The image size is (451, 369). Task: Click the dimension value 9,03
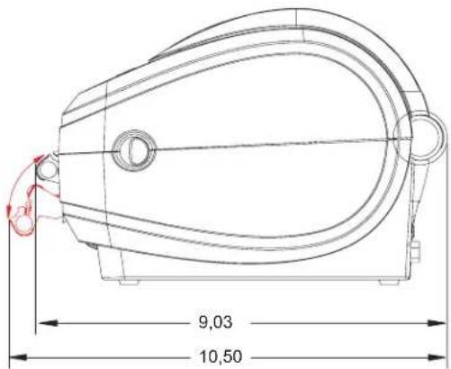click(215, 322)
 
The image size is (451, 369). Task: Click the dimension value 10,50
click(221, 356)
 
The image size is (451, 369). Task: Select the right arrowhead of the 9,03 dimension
click(436, 323)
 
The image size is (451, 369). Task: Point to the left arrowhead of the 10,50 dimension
click(19, 357)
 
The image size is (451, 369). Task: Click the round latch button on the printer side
click(134, 149)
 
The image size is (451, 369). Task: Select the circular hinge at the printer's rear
click(425, 137)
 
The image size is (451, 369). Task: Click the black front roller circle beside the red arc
click(48, 167)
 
